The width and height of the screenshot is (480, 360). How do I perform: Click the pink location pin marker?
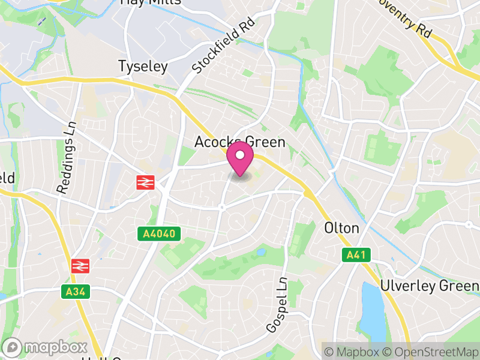(x=240, y=158)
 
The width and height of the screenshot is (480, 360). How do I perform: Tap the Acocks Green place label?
(x=239, y=142)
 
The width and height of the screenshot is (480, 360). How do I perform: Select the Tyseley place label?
(x=143, y=66)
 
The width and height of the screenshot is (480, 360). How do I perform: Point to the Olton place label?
(x=341, y=228)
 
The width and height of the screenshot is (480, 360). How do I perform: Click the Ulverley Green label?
(x=429, y=286)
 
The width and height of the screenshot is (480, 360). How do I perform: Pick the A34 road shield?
(x=71, y=292)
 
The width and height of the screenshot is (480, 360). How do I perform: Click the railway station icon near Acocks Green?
(x=145, y=182)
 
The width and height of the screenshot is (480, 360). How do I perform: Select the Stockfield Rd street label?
(x=224, y=46)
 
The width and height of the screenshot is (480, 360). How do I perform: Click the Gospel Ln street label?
(x=277, y=305)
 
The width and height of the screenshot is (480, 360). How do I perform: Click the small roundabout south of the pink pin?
(x=221, y=207)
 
